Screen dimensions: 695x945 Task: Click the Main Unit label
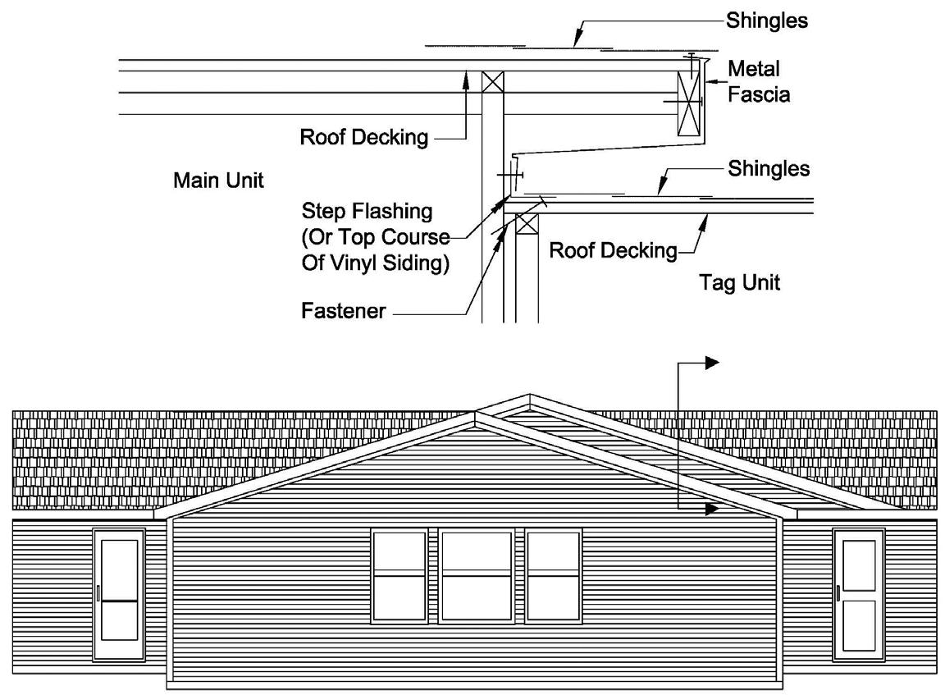pos(218,181)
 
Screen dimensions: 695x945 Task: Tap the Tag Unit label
pos(738,283)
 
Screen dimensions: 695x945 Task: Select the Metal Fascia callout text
pos(759,81)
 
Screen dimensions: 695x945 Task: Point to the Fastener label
pos(344,313)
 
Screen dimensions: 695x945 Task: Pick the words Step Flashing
pos(367,211)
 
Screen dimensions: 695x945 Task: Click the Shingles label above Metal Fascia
pos(766,21)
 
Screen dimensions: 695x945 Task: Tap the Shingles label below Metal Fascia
pos(768,169)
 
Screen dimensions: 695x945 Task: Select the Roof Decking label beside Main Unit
pos(363,137)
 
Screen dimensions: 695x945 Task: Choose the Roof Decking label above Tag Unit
pos(613,250)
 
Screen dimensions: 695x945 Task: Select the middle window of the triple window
pos(477,576)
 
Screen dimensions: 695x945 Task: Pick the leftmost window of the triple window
pos(399,576)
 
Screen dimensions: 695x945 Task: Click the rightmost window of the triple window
pos(554,576)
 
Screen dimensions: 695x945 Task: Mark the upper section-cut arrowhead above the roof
pos(711,362)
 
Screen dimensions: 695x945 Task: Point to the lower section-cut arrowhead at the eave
pos(710,509)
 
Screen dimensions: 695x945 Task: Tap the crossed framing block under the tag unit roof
pos(527,224)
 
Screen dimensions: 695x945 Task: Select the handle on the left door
pos(98,593)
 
